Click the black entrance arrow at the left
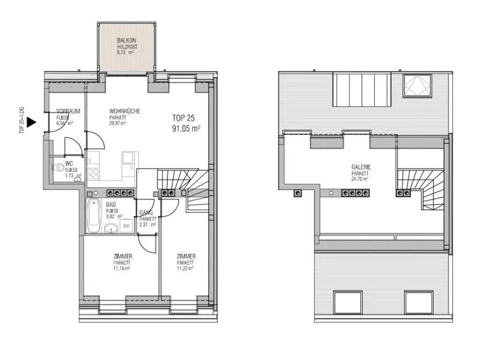(31, 122)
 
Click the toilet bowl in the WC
(59, 168)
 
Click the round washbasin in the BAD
(111, 228)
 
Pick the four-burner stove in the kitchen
(94, 174)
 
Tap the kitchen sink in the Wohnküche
(127, 159)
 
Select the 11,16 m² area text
(122, 269)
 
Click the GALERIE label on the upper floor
(360, 167)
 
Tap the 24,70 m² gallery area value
(360, 179)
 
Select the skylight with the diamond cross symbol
(418, 86)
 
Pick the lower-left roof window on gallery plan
(346, 302)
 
